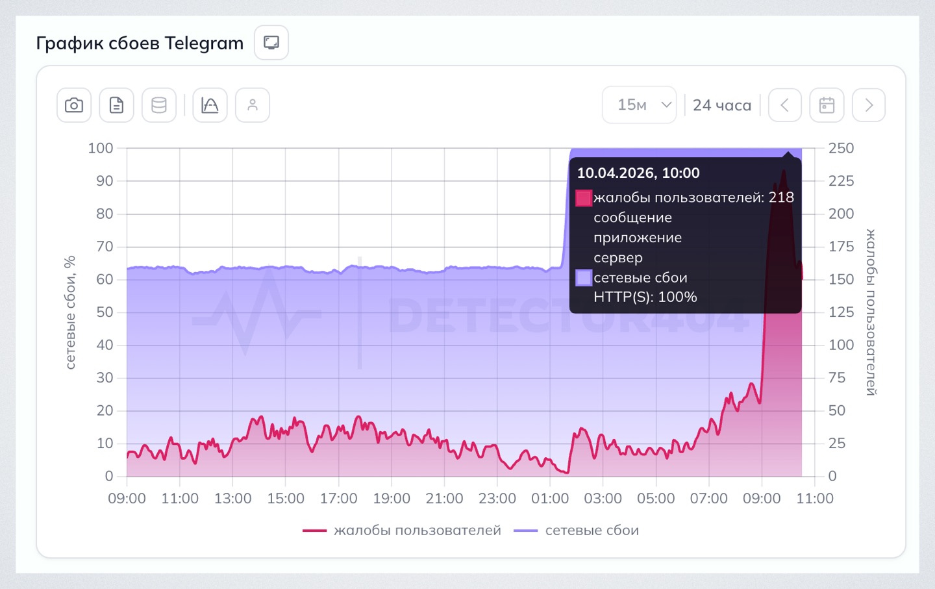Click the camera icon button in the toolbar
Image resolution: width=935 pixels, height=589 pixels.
74,105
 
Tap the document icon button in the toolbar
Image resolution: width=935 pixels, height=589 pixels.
116,105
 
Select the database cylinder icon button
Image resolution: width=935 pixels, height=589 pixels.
159,105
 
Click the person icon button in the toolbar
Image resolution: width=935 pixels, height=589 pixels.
253,105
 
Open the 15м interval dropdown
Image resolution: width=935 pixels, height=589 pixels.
640,105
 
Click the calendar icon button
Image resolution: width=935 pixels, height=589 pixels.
827,105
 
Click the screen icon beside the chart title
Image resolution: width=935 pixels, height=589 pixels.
271,43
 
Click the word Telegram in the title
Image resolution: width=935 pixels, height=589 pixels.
204,44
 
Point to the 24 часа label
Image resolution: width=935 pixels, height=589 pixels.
722,105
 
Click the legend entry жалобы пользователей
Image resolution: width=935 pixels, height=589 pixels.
417,531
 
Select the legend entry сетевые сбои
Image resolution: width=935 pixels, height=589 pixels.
592,531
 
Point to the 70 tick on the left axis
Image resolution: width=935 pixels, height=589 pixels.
105,247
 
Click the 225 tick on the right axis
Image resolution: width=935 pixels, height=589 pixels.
841,181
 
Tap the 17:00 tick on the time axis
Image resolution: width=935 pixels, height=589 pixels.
338,499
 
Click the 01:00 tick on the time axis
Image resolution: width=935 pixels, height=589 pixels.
550,499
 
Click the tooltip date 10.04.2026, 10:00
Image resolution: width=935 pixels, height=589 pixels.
638,173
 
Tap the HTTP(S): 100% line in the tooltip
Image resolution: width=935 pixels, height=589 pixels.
645,297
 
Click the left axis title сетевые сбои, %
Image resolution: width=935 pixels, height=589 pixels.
70,312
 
